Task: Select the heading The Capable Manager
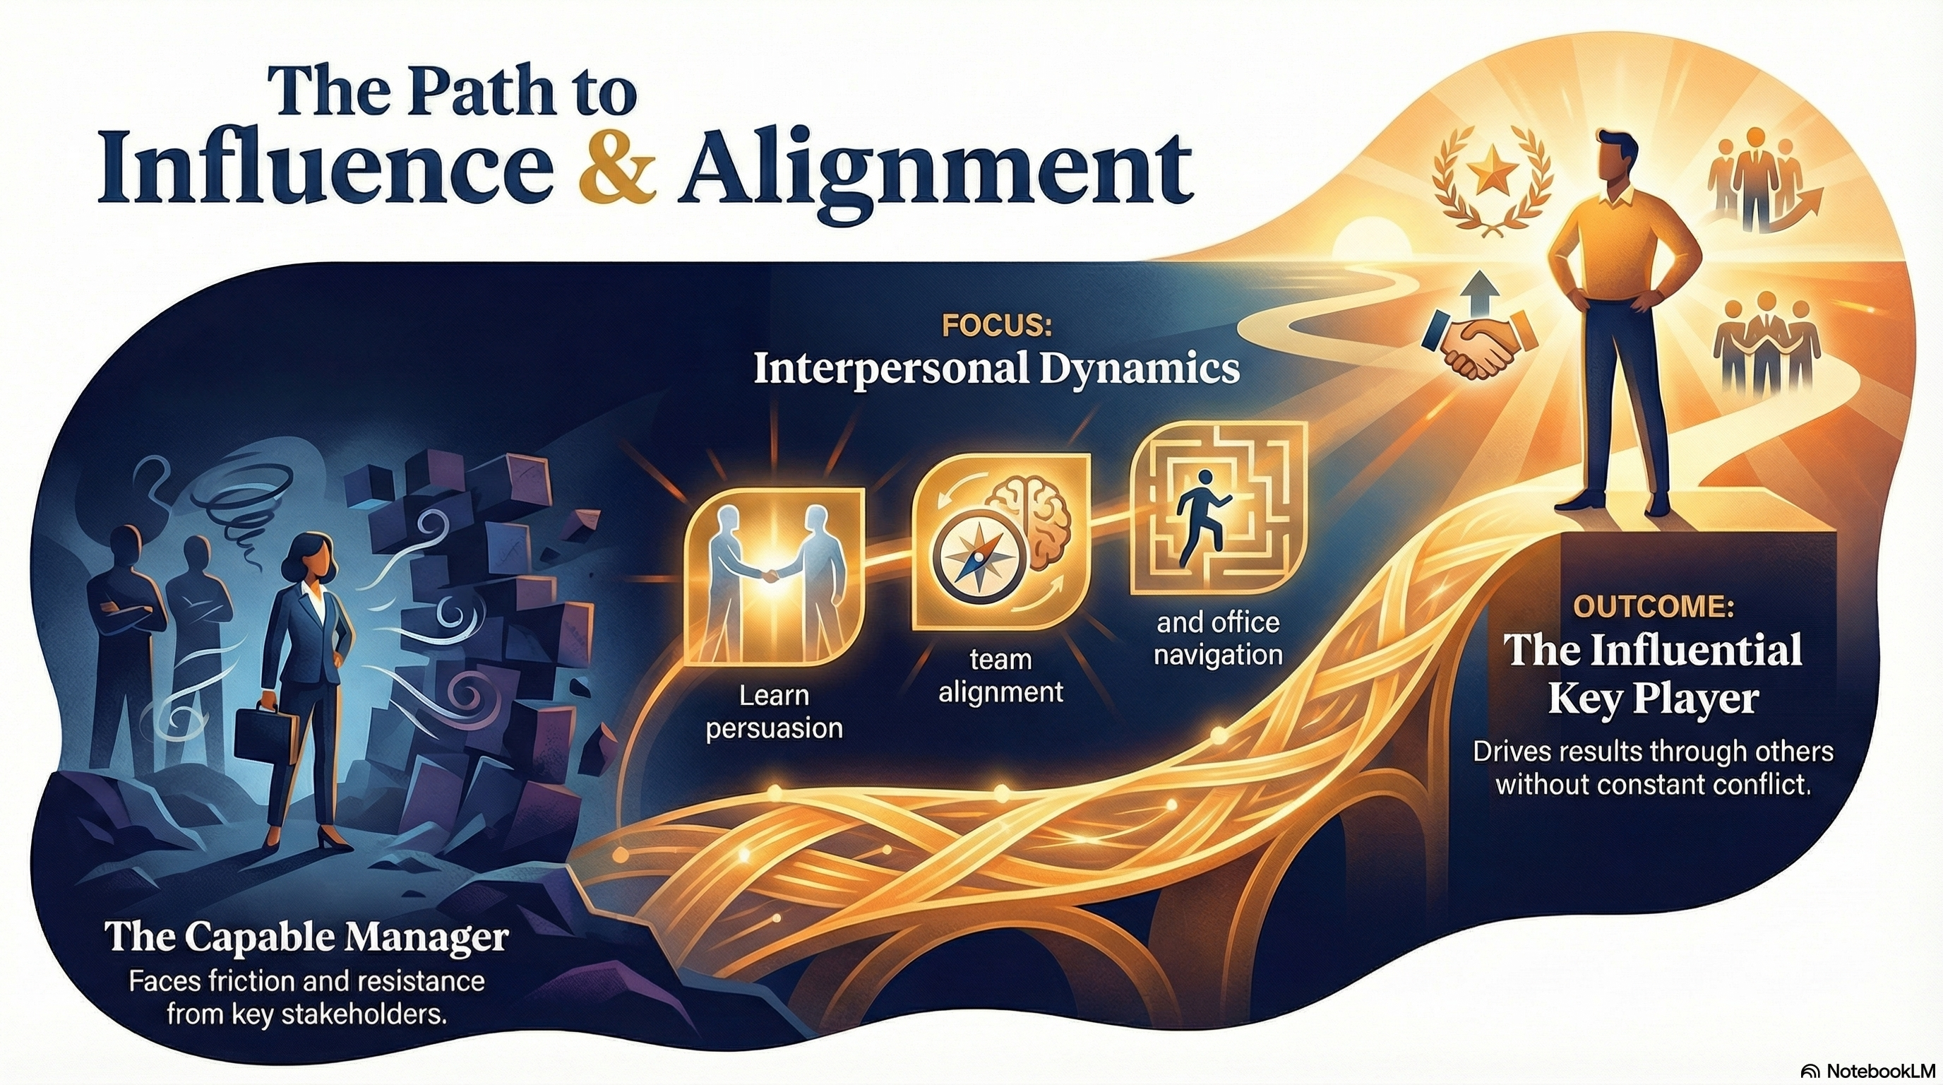306,938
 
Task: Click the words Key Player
1653,699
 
